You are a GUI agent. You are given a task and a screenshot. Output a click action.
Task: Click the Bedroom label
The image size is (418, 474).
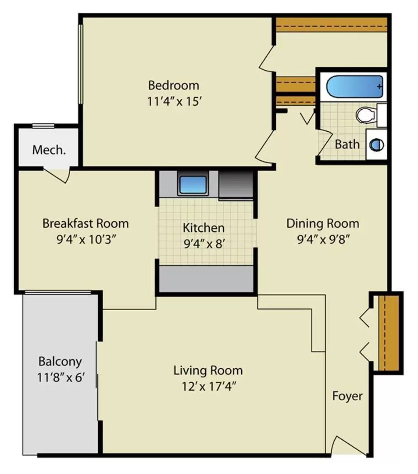point(173,85)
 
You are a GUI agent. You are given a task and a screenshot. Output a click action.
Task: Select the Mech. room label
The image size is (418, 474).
point(49,150)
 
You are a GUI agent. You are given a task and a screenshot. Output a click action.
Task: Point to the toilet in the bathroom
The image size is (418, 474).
point(367,115)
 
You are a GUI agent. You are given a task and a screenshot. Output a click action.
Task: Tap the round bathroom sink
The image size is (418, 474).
point(376,144)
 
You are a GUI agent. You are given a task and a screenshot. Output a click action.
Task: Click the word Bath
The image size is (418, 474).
point(347,144)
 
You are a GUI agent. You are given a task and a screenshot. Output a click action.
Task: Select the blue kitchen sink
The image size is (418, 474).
point(192,185)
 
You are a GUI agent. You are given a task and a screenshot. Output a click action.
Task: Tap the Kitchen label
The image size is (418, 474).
point(204,228)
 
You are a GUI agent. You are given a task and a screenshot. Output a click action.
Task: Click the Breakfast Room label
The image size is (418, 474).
point(86,223)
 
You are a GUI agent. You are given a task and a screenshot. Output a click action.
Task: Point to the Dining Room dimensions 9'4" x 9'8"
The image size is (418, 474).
point(323,240)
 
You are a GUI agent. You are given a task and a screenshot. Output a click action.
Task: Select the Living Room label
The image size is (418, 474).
point(208,370)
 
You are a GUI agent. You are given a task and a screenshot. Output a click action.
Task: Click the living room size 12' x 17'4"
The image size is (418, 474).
point(208,387)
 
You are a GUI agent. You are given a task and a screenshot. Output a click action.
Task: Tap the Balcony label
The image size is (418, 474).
point(60,362)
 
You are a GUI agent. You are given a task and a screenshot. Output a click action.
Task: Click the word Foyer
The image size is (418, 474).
point(347,396)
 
